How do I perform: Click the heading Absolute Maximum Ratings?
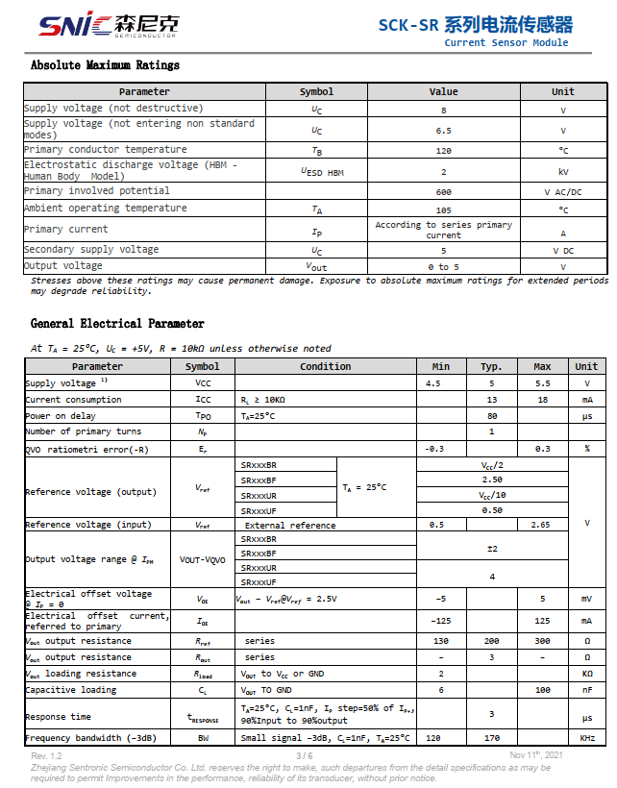[x=105, y=65]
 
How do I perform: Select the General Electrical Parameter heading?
[x=117, y=324]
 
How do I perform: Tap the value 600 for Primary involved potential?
[x=443, y=192]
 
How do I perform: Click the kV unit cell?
[x=563, y=171]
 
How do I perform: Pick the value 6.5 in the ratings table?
[x=443, y=131]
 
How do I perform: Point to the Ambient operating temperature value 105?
[x=443, y=209]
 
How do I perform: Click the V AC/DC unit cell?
[x=563, y=192]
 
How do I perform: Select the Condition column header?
[x=325, y=366]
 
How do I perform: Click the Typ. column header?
[x=491, y=366]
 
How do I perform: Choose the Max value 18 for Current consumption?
[x=542, y=400]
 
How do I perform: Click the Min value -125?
[x=441, y=621]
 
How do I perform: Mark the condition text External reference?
[x=290, y=526]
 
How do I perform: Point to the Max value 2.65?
[x=542, y=526]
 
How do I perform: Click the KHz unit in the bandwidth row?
[x=586, y=738]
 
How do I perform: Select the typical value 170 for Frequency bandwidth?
[x=491, y=738]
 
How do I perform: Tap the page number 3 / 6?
[x=307, y=756]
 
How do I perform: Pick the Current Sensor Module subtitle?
[x=506, y=42]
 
